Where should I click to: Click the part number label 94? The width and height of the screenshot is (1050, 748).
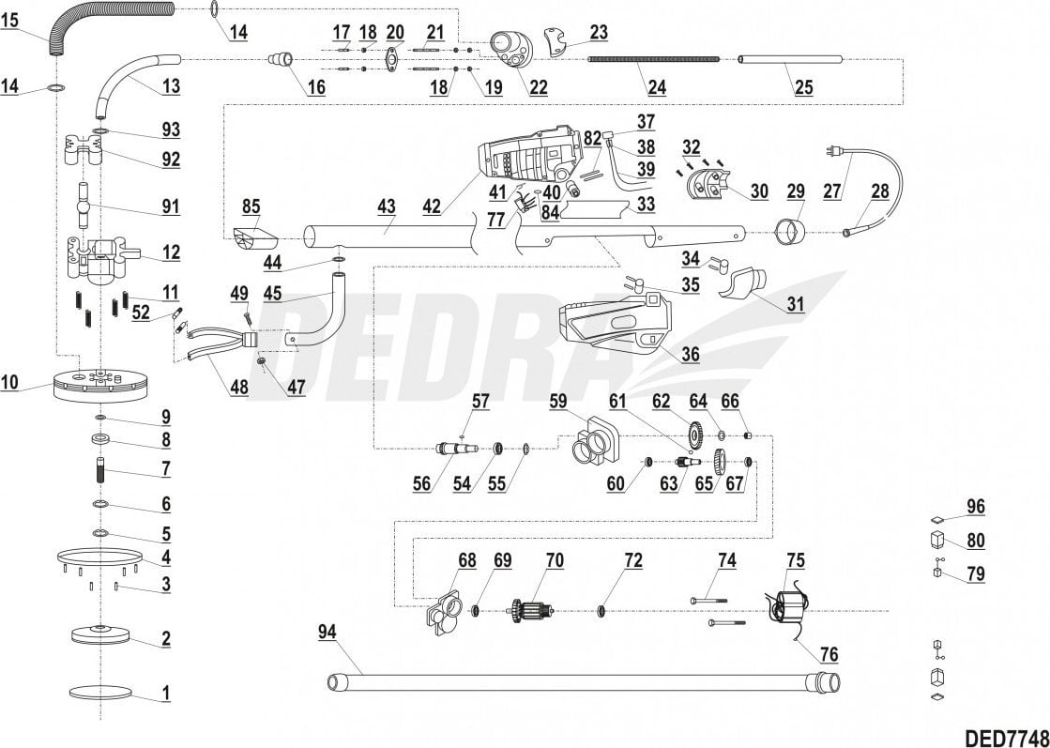(325, 634)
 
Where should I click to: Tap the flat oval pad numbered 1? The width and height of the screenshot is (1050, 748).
(100, 693)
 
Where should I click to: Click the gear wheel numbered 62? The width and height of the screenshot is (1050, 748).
(695, 435)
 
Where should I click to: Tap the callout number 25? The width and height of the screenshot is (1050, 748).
(803, 88)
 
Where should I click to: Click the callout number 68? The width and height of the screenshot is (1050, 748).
(466, 560)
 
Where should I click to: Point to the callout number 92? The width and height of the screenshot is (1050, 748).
(170, 159)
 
